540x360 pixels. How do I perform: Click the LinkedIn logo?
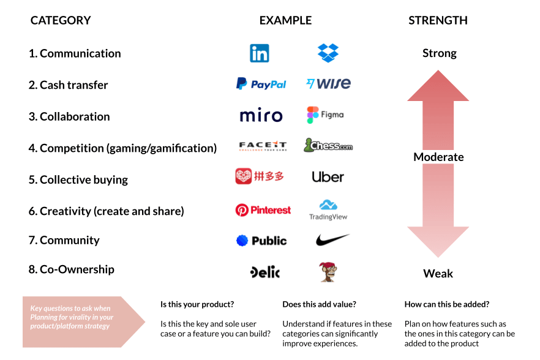pos(260,53)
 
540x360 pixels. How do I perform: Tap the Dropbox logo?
pos(328,53)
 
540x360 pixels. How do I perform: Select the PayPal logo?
pos(261,84)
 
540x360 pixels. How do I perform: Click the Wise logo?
pos(328,83)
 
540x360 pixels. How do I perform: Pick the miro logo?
pos(261,115)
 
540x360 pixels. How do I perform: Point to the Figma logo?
pos(325,114)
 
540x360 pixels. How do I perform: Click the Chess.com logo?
pos(328,145)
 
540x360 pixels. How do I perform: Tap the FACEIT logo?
pos(263,146)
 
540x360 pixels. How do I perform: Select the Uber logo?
pos(328,177)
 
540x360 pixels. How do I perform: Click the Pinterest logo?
pos(263,210)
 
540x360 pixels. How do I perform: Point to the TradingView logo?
pos(328,209)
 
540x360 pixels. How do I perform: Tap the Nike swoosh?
pos(332,239)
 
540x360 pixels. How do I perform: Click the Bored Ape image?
pos(328,272)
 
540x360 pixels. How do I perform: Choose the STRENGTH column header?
pos(438,20)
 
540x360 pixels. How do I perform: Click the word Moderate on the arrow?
pos(438,157)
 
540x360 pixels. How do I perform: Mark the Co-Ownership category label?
pos(71,269)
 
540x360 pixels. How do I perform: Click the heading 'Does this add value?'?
pos(319,304)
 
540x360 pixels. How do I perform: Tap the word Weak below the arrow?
pos(438,274)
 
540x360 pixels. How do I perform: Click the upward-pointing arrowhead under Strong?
pos(438,86)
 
